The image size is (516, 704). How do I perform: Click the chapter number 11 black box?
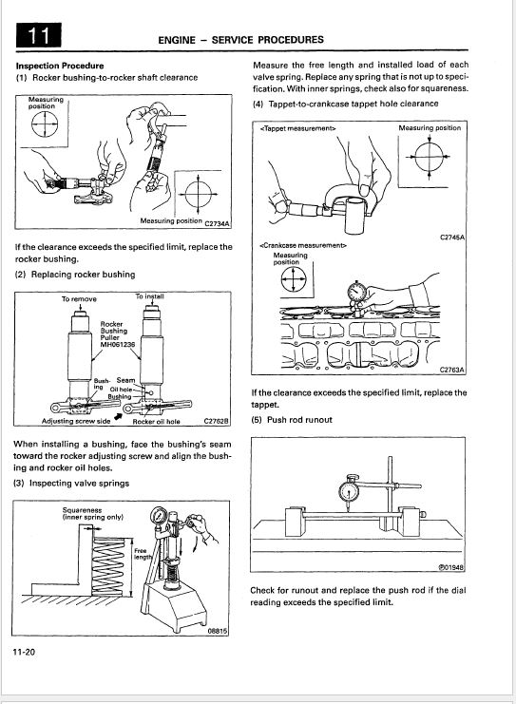pos(39,35)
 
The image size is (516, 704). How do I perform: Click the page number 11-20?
pos(25,652)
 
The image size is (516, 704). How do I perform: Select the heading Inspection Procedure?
pos(60,66)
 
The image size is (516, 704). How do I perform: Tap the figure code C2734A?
pos(218,223)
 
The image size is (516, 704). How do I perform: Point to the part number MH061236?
pos(118,344)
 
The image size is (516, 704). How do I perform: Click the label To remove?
pos(79,299)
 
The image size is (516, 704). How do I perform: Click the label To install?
pos(150,296)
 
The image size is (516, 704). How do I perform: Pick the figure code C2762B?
pos(217,421)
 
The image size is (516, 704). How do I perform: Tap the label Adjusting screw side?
pos(76,421)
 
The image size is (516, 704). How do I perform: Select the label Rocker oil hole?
pos(156,422)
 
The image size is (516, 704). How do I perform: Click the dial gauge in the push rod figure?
pos(349,490)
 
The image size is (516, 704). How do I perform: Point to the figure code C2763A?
pos(451,370)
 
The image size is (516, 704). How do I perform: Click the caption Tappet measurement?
pos(297,128)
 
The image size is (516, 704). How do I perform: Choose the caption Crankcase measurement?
pos(303,245)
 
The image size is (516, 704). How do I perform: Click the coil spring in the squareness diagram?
pos(107,566)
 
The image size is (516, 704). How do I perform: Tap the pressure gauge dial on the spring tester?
pos(159,515)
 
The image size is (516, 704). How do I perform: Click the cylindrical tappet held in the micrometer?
pos(356,215)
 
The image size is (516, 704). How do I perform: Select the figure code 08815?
pos(218,631)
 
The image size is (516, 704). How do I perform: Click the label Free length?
pos(143,554)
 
